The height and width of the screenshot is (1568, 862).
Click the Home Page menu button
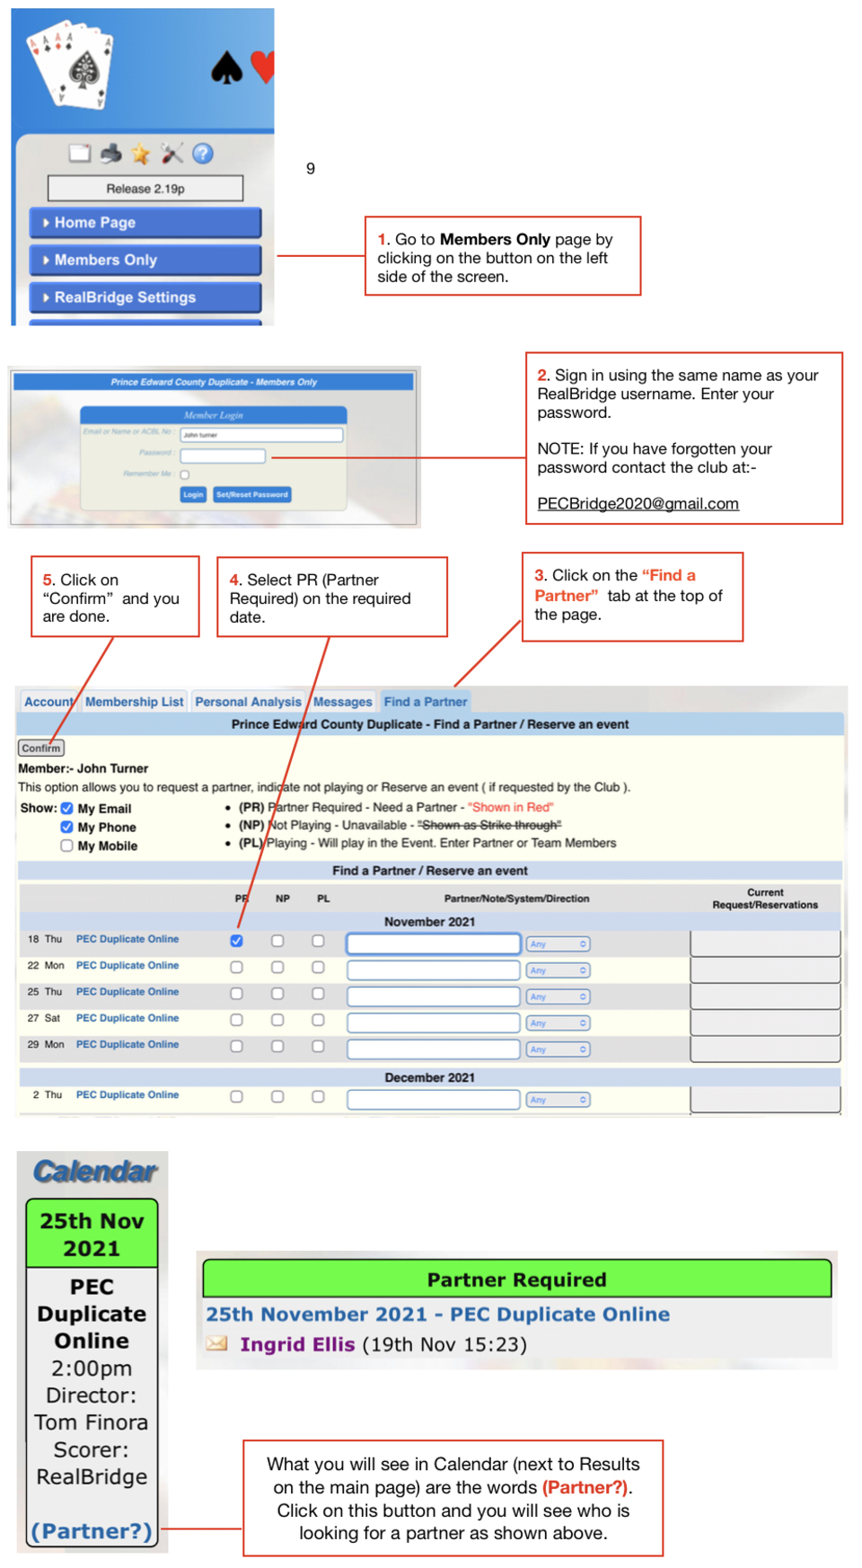point(145,223)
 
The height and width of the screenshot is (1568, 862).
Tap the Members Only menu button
point(145,260)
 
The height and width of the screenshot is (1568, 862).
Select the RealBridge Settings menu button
point(145,297)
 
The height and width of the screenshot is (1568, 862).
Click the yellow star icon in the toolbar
point(141,154)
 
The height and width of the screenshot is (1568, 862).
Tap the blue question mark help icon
point(203,154)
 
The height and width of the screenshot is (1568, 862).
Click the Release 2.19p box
point(145,189)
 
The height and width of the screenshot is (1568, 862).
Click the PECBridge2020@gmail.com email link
point(638,504)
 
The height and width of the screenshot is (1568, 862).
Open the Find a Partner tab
point(426,702)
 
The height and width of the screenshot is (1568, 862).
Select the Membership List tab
point(135,702)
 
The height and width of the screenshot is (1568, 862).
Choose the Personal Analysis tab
point(248,702)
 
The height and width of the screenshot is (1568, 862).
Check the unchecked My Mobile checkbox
point(67,846)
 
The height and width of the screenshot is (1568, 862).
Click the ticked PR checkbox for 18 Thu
point(236,941)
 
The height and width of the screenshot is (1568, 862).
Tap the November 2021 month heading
point(429,922)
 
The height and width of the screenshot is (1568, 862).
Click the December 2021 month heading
point(429,1077)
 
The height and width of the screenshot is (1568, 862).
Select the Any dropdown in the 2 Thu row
point(558,1100)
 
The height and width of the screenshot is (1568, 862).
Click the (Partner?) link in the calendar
point(92,1531)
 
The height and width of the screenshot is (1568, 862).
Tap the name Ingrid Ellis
point(297,1344)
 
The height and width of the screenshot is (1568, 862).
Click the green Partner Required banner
point(516,1280)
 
